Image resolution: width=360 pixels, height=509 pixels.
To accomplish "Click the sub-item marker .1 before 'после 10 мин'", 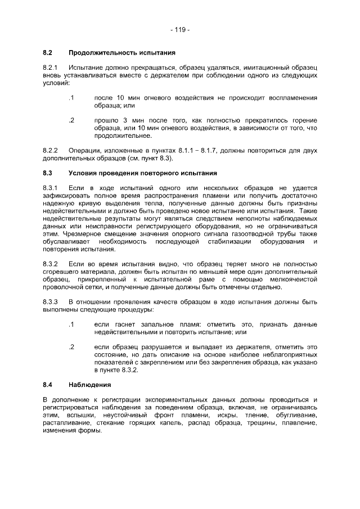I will tap(71, 98).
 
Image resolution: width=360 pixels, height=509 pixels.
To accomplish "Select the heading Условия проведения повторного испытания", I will tap(142, 173).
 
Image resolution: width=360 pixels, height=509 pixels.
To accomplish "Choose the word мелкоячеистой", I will tap(292, 280).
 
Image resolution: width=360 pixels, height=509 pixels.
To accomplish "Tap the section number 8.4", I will tap(48, 385).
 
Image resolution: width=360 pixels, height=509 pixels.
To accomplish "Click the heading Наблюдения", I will tap(90, 385).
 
